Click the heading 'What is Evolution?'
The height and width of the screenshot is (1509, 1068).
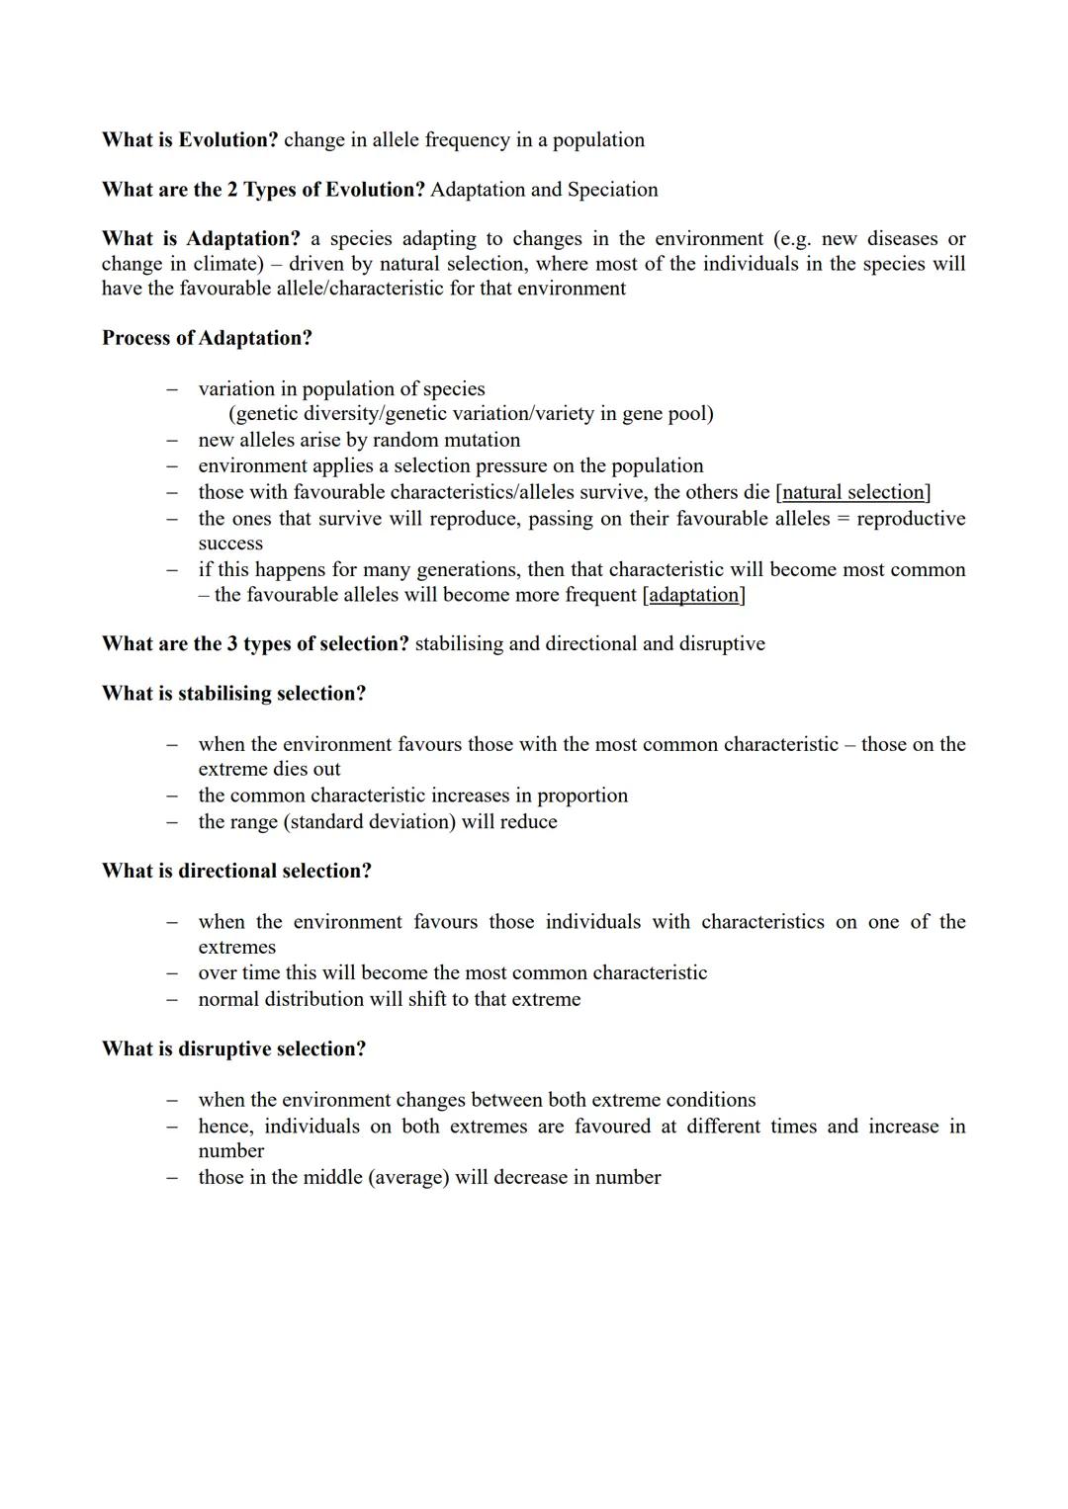coord(190,140)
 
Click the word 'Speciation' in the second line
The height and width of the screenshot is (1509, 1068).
coord(612,190)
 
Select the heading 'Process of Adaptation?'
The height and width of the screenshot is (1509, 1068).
coord(207,338)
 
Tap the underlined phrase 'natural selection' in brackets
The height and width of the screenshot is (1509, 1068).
coord(852,492)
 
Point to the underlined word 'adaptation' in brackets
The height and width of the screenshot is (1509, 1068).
coord(694,595)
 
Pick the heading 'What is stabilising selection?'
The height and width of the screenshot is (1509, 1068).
coord(233,694)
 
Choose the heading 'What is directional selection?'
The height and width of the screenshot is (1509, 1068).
coord(236,872)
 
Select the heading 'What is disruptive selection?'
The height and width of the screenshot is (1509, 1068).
coord(233,1049)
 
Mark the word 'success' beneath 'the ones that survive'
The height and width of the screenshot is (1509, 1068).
coord(230,544)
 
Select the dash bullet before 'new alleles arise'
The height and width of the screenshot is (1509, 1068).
coord(172,440)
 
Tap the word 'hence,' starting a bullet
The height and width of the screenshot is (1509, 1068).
coord(225,1127)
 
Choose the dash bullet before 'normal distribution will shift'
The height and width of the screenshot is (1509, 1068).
coord(172,999)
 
